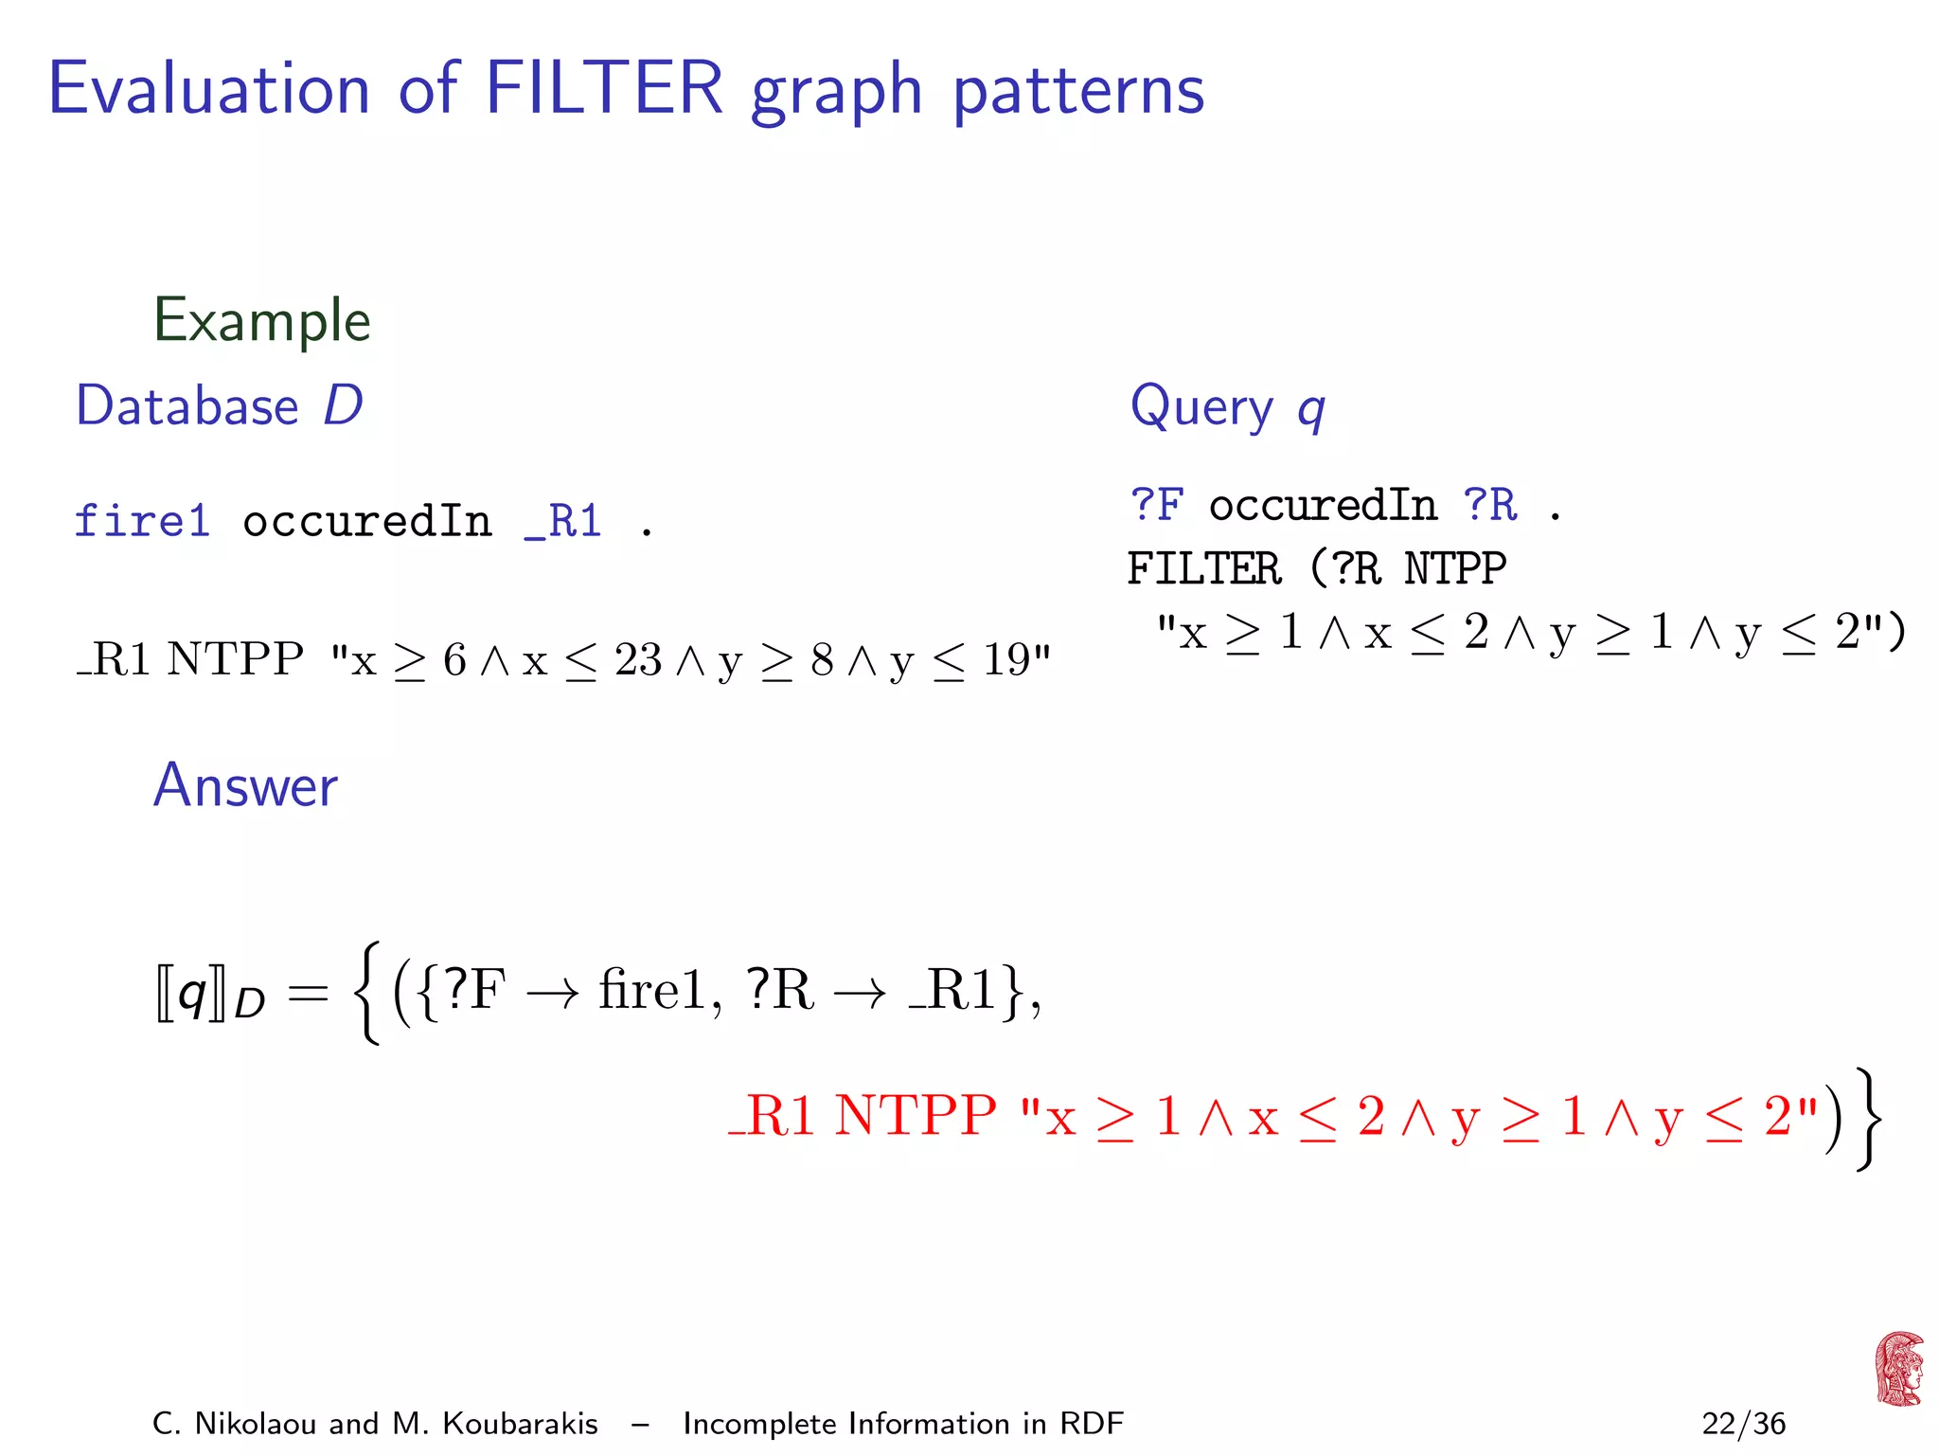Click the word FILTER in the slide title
[x=604, y=88]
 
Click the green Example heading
[x=261, y=320]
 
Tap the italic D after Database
[x=343, y=405]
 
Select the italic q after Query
[x=1310, y=409]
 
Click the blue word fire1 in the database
[x=142, y=521]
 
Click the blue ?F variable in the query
[x=1156, y=506]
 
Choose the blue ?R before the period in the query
[x=1489, y=506]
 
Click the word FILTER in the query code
[x=1203, y=568]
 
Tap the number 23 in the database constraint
[x=637, y=659]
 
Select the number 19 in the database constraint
[x=1005, y=659]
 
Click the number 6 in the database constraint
[x=454, y=659]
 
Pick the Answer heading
[x=245, y=785]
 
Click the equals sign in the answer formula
[x=308, y=993]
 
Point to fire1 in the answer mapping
[x=652, y=990]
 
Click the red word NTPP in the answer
[x=915, y=1115]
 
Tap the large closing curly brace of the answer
[x=1865, y=1118]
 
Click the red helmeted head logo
[x=1898, y=1369]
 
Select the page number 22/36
[x=1743, y=1424]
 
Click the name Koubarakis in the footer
[x=520, y=1424]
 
